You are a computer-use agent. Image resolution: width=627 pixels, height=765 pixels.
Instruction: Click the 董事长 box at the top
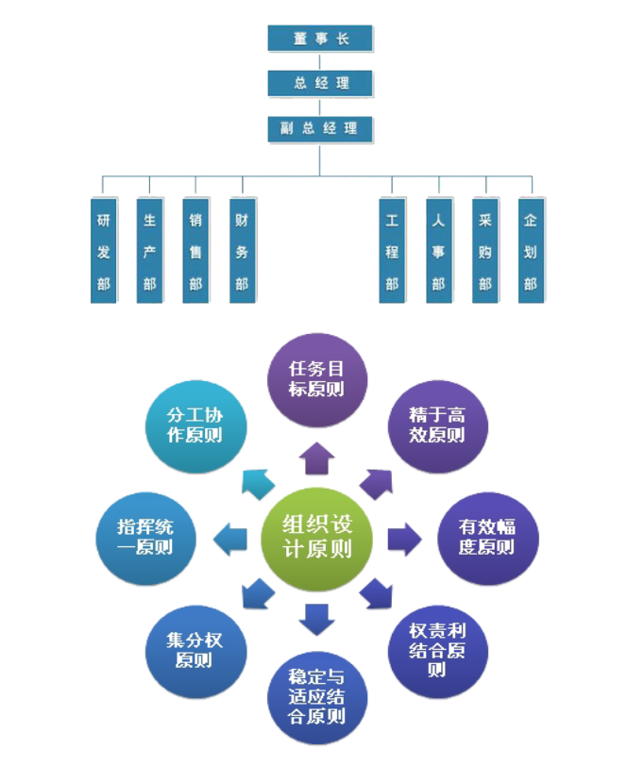320,38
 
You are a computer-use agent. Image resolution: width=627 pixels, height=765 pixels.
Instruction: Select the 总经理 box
320,83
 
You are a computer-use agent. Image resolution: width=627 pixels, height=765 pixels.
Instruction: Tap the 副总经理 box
320,128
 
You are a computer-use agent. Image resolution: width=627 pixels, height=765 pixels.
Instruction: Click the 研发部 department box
104,251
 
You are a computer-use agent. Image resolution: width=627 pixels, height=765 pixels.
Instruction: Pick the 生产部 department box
150,251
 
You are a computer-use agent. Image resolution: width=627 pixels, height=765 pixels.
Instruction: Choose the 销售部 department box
196,251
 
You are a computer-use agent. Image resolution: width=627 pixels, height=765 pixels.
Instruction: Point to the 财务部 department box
243,251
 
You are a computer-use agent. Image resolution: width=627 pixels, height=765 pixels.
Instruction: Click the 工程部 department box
392,251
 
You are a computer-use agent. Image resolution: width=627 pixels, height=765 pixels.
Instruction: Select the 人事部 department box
438,251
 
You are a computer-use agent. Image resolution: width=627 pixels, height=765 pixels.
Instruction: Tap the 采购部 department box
485,251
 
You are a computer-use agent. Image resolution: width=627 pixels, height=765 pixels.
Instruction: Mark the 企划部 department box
531,251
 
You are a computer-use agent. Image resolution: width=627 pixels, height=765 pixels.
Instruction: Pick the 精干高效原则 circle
435,423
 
